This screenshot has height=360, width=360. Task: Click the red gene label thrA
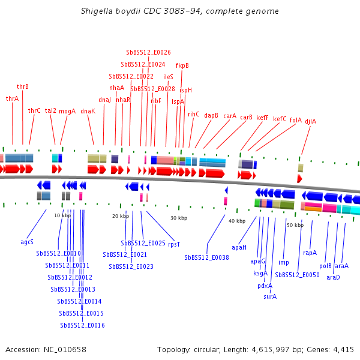[x=12, y=98]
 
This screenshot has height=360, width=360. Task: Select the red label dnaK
[x=88, y=111]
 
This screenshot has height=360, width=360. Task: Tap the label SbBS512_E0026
[x=148, y=53]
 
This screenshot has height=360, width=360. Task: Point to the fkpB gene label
[x=182, y=65]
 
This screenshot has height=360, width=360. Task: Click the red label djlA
[x=310, y=121]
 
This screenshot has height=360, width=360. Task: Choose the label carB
[x=247, y=118]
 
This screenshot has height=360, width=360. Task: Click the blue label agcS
[x=27, y=242]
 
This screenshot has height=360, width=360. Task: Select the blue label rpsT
[x=174, y=244]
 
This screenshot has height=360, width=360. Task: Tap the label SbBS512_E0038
[x=206, y=257]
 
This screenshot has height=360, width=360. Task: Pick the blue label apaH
[x=239, y=247]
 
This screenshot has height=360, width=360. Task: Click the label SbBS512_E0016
[x=83, y=325]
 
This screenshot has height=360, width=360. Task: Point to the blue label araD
[x=333, y=277]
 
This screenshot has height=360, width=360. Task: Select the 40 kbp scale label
[x=237, y=221]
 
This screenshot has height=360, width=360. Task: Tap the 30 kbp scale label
[x=179, y=218]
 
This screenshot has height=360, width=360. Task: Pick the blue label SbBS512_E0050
[x=297, y=275]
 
